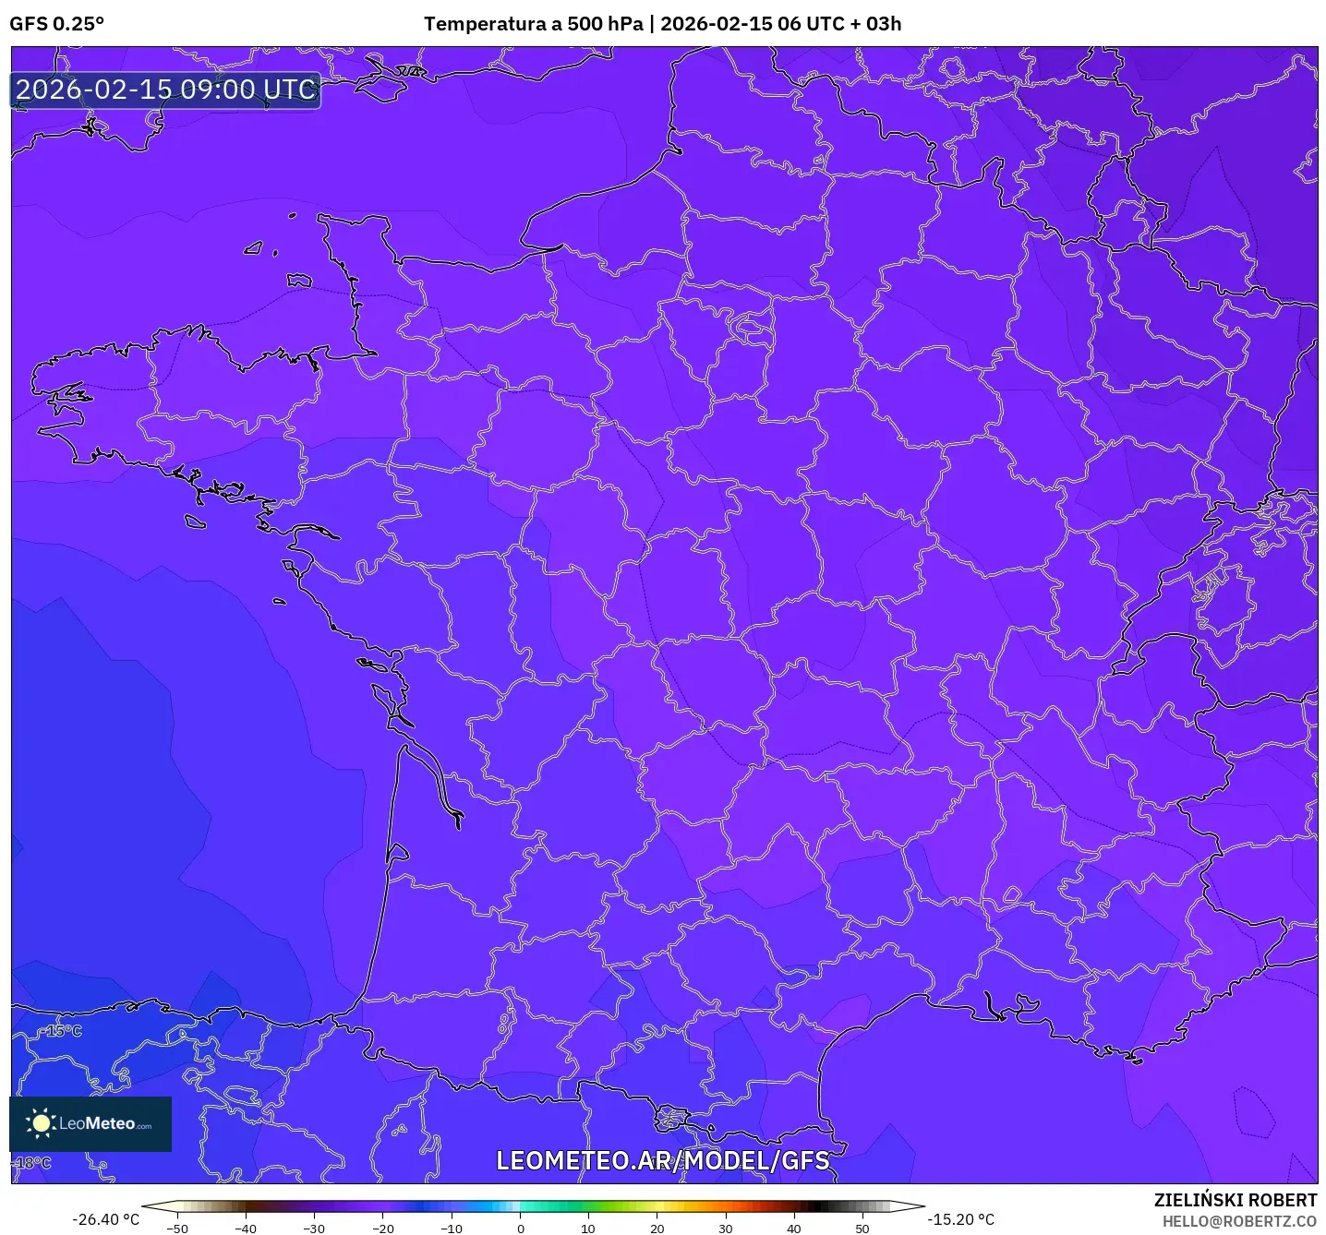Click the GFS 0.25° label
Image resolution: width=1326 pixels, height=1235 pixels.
tap(56, 24)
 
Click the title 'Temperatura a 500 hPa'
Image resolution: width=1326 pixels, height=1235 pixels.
tap(533, 24)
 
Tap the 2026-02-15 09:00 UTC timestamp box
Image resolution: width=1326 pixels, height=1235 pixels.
tap(166, 90)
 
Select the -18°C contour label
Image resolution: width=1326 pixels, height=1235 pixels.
tap(33, 1162)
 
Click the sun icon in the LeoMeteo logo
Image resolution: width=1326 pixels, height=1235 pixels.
tap(41, 1123)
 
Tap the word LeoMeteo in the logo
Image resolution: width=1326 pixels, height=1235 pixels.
tap(98, 1123)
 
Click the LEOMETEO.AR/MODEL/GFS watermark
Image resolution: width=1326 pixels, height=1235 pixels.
tap(662, 1160)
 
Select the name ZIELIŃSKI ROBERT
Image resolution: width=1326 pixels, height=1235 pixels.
tap(1236, 1200)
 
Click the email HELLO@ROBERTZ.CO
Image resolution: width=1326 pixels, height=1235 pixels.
tap(1239, 1221)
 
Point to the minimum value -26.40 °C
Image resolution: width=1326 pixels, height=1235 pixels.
tap(105, 1219)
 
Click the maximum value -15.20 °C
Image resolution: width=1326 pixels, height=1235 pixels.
tap(961, 1219)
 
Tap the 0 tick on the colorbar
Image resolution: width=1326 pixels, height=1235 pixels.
tap(521, 1229)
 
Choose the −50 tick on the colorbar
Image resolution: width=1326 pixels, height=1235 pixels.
tap(176, 1229)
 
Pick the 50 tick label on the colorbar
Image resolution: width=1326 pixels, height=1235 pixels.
tap(862, 1229)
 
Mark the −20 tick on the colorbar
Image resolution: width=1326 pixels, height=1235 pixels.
tap(382, 1229)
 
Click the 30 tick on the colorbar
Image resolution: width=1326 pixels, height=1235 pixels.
tap(726, 1229)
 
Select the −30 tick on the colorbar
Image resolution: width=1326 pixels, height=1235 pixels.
tap(314, 1229)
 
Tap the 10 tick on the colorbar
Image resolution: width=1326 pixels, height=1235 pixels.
tap(588, 1229)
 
